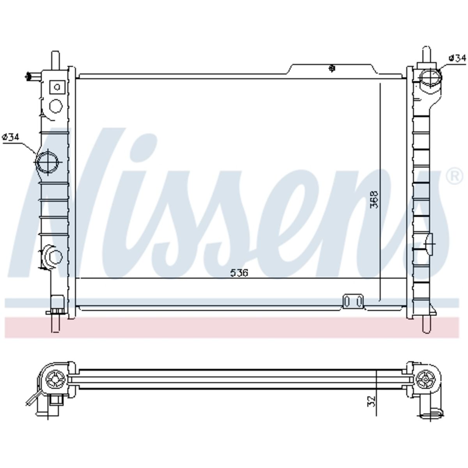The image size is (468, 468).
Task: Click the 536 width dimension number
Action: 239,273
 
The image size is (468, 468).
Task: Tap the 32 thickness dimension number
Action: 371,401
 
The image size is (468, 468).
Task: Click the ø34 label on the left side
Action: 11,137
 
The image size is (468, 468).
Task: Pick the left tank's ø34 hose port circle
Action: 48,162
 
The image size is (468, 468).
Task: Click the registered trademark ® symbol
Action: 454,177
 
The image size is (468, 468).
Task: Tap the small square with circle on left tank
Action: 57,87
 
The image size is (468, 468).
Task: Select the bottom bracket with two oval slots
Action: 353,301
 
